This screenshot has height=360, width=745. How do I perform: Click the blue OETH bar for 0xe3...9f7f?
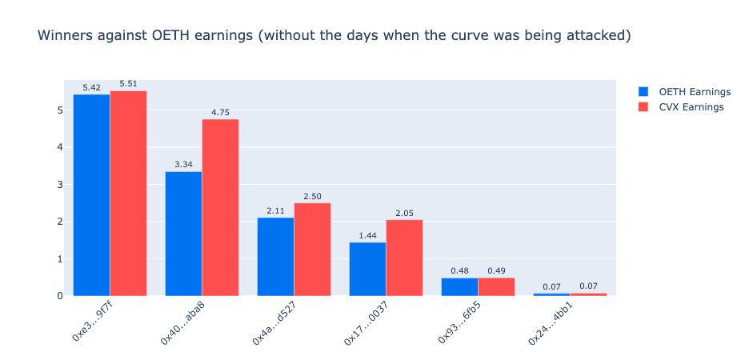point(92,194)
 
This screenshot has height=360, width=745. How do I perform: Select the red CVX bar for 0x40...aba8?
point(221,207)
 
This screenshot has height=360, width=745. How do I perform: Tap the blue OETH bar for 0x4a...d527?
point(275,257)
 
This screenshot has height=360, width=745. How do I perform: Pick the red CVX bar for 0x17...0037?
point(404,258)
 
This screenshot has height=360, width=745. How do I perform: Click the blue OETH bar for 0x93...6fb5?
point(459,287)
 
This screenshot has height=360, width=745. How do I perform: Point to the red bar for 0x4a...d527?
point(312,250)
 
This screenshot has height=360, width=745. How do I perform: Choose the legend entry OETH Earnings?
point(684,92)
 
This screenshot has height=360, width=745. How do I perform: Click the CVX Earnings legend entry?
point(681,107)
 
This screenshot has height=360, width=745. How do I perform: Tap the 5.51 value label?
point(128,83)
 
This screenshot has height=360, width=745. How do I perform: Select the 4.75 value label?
point(221,112)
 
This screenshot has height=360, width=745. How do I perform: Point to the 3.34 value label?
point(184,164)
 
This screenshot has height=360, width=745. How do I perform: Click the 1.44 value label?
point(368,235)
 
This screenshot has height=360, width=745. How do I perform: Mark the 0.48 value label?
point(459,270)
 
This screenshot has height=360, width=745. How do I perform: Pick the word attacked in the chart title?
point(600,36)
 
